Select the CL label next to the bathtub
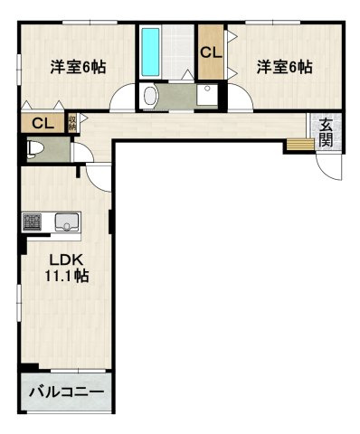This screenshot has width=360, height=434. click(x=210, y=52)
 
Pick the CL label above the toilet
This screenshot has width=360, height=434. click(x=40, y=124)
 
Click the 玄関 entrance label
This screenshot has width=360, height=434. click(x=326, y=133)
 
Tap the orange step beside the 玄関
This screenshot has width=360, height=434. click(x=298, y=143)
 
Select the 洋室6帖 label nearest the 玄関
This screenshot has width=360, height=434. click(x=284, y=66)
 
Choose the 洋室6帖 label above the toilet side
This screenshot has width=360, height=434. click(x=76, y=66)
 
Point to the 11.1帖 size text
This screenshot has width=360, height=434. click(x=67, y=277)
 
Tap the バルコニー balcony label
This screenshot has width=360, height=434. click(x=65, y=393)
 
